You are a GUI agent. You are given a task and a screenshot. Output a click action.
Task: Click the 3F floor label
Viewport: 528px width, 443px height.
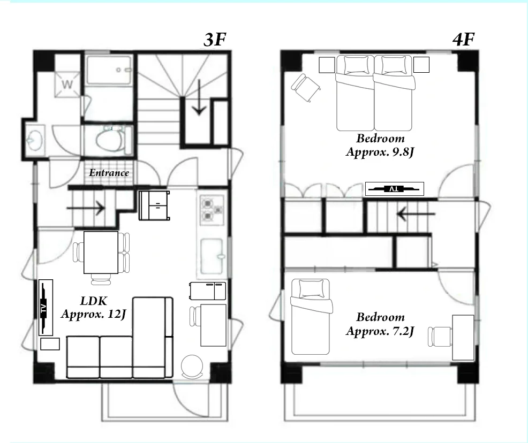click(x=215, y=40)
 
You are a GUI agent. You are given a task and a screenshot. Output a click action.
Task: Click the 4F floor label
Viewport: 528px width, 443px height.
click(x=464, y=40)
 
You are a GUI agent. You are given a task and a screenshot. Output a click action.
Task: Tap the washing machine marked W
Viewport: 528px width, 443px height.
click(x=67, y=84)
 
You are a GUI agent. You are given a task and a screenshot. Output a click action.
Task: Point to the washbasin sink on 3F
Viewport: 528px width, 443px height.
click(x=35, y=140)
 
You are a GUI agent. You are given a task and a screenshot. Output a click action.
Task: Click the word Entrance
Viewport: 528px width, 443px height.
click(x=109, y=173)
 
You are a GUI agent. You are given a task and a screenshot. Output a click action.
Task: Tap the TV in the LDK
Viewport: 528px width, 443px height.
click(x=46, y=308)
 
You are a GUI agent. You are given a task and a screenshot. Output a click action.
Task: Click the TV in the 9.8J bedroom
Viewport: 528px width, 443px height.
click(x=394, y=189)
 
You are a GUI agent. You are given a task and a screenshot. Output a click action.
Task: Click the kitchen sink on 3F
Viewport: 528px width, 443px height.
click(x=212, y=256)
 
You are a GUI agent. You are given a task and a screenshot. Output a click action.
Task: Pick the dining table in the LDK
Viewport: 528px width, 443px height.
click(x=101, y=253)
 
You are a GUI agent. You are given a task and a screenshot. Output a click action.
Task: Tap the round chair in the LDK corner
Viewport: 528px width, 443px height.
click(x=192, y=366)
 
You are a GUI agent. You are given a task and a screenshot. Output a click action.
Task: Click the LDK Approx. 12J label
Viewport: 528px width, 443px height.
click(x=94, y=308)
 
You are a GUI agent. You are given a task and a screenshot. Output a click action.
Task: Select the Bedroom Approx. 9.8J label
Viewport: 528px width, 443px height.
click(x=380, y=145)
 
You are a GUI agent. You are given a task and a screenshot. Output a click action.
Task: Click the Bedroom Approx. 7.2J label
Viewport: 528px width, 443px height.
click(x=380, y=324)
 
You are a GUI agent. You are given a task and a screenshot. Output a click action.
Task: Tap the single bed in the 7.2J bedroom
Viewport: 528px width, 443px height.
click(x=311, y=317)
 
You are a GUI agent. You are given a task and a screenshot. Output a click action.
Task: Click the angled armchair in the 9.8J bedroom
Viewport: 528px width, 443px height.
click(x=306, y=87)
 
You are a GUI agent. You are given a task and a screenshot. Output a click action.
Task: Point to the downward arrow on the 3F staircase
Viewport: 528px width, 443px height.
click(x=199, y=97)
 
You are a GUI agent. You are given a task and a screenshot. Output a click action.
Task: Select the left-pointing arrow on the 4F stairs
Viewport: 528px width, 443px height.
click(x=416, y=214)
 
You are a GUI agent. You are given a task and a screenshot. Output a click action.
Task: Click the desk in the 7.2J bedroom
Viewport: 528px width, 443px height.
click(x=463, y=338)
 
